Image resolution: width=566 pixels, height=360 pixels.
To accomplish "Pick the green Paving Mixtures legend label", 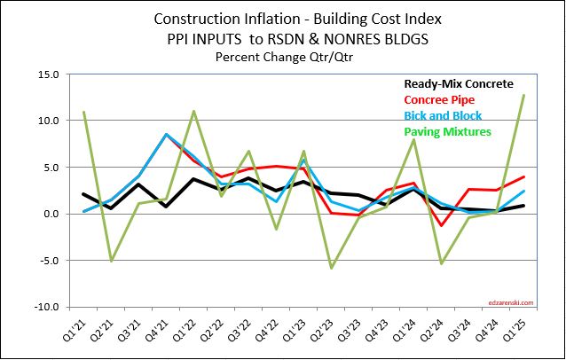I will [447, 131].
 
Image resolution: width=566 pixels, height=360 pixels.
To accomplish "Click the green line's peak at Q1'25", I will [531, 95].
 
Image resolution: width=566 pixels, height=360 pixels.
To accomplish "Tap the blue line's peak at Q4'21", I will [166, 134].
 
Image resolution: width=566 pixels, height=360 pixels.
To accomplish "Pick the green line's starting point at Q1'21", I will [82, 112].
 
